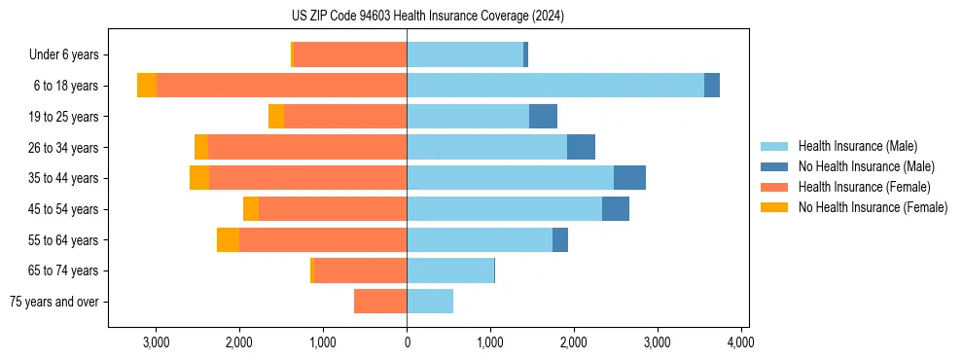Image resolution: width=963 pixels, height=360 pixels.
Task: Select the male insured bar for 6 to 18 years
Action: tap(554, 86)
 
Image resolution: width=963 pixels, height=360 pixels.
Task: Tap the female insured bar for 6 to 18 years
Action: tap(281, 86)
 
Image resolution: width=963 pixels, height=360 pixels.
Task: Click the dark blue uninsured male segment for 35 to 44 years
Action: tap(629, 178)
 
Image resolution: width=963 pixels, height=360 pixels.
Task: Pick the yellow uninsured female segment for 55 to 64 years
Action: tap(228, 240)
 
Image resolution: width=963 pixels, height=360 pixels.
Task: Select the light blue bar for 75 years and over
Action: tap(430, 302)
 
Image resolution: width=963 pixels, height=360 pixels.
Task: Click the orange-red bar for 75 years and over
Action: tap(380, 302)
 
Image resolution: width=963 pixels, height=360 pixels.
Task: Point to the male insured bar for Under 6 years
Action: tap(465, 54)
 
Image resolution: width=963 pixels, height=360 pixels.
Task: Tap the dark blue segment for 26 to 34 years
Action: tap(581, 147)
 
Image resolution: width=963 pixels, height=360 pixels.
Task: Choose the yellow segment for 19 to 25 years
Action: tap(276, 117)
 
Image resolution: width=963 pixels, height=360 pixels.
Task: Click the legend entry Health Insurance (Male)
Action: tap(857, 146)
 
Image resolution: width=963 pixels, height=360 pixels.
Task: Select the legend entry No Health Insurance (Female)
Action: tap(873, 207)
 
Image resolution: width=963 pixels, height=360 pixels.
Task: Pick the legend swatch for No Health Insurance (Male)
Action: tap(773, 166)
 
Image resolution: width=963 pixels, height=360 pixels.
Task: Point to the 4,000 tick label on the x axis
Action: tap(740, 342)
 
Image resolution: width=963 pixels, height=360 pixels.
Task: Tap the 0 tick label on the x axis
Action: tap(407, 342)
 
